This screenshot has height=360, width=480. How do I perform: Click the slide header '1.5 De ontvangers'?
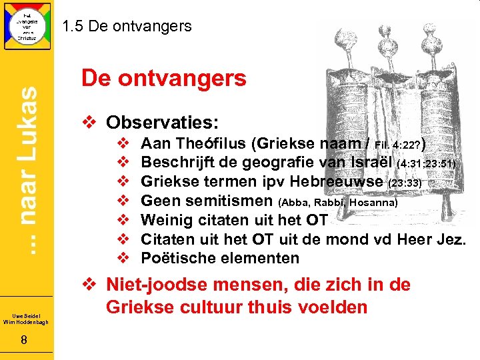point(127,27)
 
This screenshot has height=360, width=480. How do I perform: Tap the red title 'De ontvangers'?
point(164,79)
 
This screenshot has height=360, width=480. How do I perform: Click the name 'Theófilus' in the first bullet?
point(206,143)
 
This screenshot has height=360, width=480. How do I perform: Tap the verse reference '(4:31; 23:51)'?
point(426,163)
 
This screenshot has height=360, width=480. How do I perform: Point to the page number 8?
point(23,341)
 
